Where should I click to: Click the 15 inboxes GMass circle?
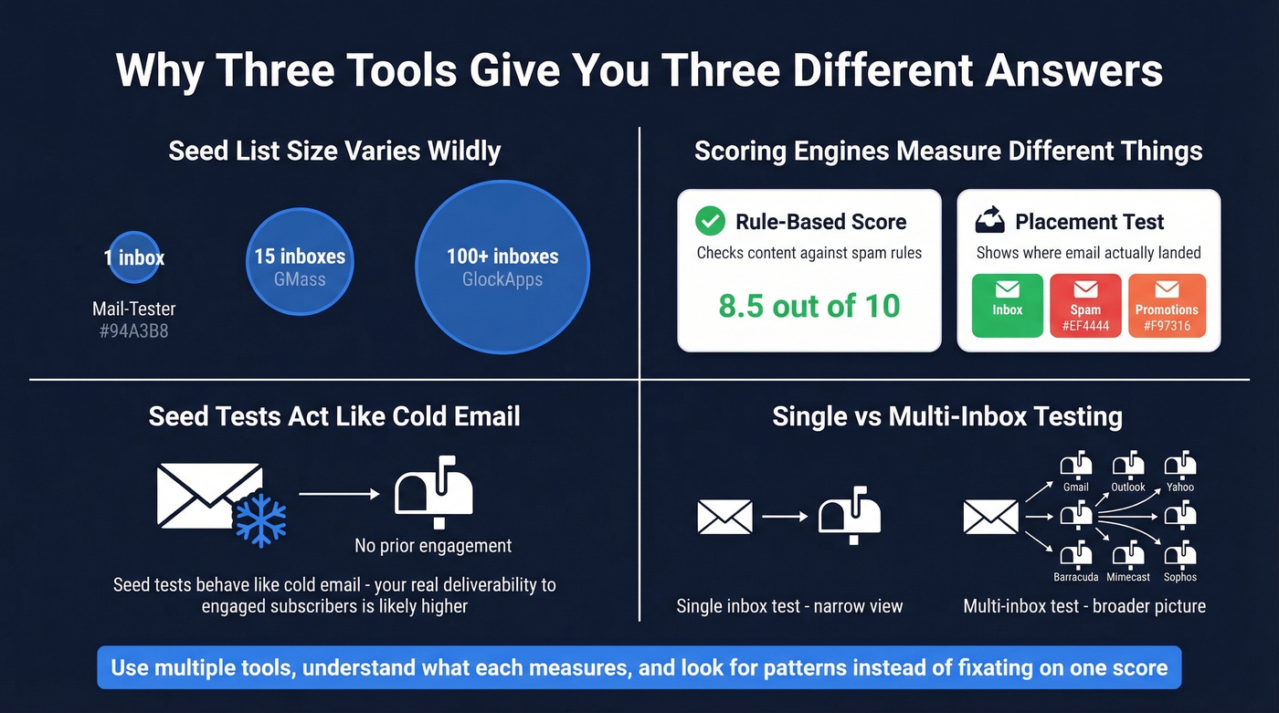[300, 265]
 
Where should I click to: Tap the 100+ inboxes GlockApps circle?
[502, 267]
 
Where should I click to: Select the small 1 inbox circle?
[134, 257]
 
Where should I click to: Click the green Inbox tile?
[1008, 305]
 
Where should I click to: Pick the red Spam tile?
[1085, 305]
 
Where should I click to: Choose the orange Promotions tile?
[1167, 305]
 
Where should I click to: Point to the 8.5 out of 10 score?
[809, 306]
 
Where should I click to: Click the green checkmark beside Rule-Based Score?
[710, 221]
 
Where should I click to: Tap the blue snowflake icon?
[260, 521]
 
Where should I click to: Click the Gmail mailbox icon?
[1076, 465]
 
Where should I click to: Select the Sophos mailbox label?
[1180, 577]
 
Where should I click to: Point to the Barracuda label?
[1076, 577]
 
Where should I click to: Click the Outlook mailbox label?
[1128, 488]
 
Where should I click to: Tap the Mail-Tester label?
[133, 309]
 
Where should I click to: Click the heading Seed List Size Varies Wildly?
[334, 151]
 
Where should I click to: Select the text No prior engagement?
[433, 546]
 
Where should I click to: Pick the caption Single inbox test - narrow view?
[789, 606]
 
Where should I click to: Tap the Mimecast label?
[1128, 577]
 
